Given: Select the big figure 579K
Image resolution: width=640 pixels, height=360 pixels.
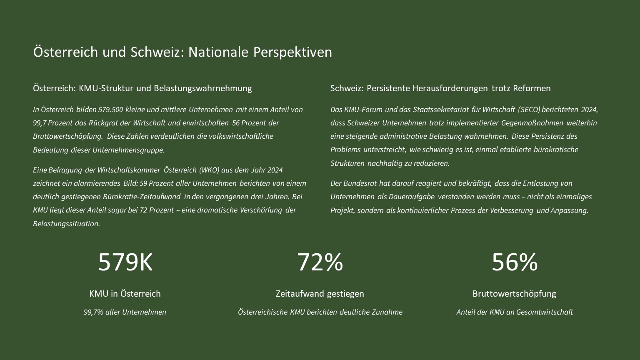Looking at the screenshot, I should click(x=125, y=262).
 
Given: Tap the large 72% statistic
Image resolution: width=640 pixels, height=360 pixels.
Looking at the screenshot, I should click(x=320, y=262).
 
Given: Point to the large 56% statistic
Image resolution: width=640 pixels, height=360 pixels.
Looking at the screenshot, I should click(x=515, y=262).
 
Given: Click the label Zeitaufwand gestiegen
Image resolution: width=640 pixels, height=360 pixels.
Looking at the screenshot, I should click(x=320, y=294).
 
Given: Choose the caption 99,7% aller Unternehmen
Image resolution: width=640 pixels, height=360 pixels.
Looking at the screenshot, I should click(x=125, y=312).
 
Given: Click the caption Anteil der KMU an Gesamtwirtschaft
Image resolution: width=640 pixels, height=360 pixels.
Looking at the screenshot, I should click(x=515, y=312).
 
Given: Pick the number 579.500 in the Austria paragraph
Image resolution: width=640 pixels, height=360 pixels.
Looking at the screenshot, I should click(x=110, y=110).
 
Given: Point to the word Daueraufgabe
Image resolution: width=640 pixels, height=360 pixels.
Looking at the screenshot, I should click(x=412, y=197).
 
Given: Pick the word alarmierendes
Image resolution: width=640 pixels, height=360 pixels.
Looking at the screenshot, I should click(x=97, y=183).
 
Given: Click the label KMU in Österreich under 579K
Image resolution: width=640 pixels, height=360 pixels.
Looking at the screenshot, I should click(x=125, y=294).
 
